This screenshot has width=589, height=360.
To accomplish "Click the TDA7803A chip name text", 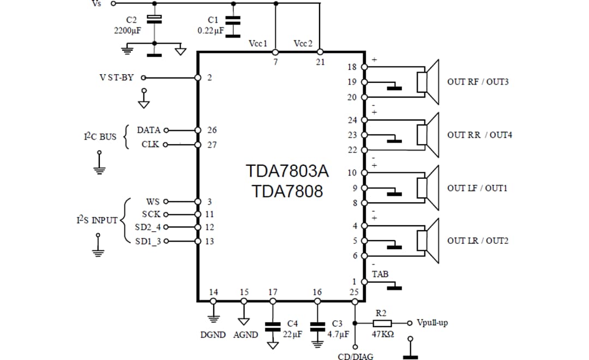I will point(287,171).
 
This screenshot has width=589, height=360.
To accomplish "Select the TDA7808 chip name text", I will point(287,191).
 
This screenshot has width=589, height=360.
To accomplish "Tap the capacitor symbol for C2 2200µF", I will point(155,20).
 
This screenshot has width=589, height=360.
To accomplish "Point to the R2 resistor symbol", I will point(382,323).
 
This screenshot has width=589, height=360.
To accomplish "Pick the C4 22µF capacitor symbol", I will point(273,327).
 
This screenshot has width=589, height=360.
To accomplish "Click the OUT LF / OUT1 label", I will point(477,188).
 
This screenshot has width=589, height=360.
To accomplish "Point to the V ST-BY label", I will point(116,77).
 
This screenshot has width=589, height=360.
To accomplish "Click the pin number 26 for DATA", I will point(212,130).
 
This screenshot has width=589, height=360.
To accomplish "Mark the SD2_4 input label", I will point(148,227).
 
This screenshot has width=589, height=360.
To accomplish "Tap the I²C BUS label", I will point(100,136).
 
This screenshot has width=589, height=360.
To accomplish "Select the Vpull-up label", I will point(432,323).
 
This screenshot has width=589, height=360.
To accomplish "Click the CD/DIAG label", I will point(355,356).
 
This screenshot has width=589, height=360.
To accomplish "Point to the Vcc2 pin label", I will point(303,43).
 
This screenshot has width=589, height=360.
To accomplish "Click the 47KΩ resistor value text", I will point(383,334).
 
